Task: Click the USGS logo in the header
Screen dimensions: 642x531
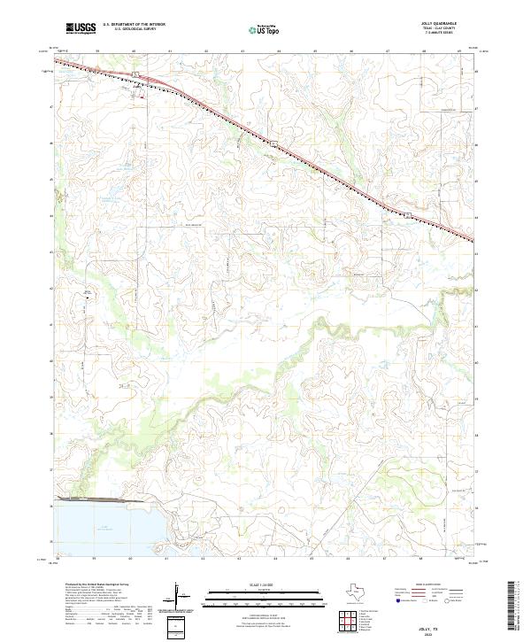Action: [81, 28]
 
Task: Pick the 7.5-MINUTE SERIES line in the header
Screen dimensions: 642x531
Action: [444, 35]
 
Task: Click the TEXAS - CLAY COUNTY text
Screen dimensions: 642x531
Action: [444, 30]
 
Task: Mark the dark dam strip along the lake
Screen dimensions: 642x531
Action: [97, 500]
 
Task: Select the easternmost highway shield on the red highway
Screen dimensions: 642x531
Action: [407, 214]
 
